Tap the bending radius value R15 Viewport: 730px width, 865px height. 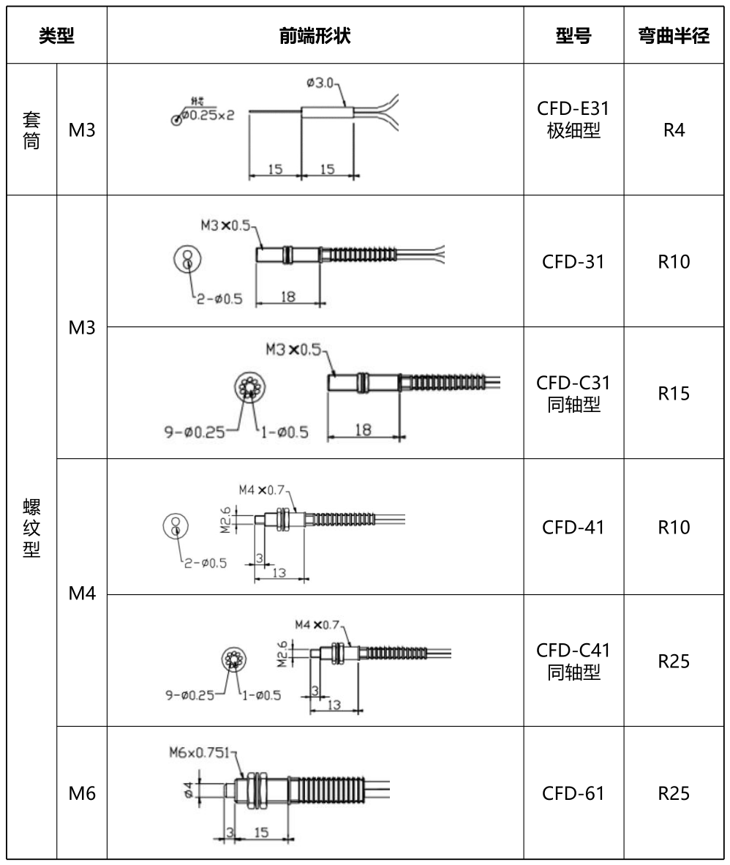674,394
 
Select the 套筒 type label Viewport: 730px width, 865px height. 32,129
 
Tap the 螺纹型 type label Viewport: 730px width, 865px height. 32,528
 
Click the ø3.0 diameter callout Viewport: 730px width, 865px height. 321,83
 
